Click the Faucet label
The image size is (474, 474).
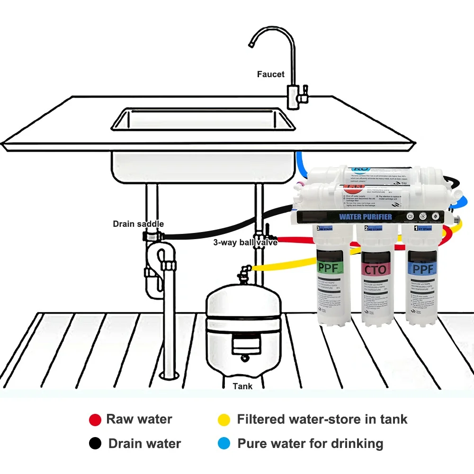pos(271,74)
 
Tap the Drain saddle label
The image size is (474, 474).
pos(138,224)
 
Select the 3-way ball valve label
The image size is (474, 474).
pos(245,242)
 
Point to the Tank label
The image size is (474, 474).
pos(242,386)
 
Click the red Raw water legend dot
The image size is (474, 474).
pos(95,420)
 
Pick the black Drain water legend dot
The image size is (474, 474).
pos(95,444)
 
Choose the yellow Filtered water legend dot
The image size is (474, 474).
pos(224,420)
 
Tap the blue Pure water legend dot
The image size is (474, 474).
pos(224,444)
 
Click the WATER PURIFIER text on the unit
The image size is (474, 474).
pos(366,217)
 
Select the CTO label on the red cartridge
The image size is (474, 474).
pos(376,270)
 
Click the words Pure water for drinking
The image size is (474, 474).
pos(310,444)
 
